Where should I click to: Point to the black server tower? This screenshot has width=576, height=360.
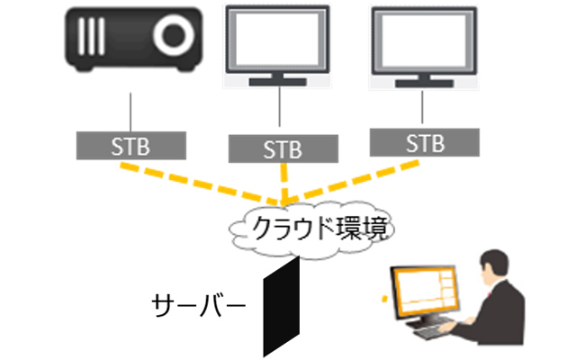click(281, 306)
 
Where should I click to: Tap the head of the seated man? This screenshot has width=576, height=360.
click(498, 267)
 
